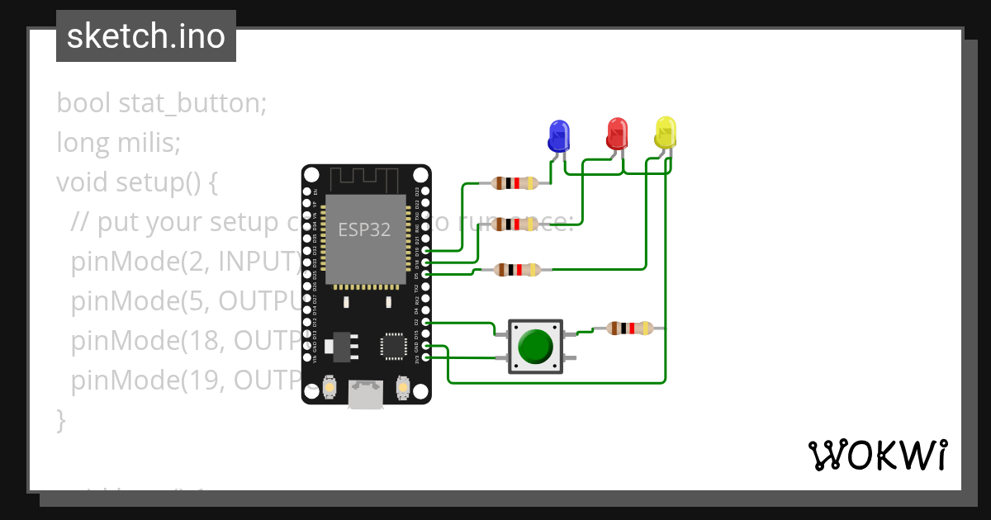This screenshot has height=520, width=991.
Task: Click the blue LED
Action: coord(559,135)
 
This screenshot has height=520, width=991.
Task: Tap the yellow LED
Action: coord(666,132)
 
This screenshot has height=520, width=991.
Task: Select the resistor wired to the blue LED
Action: coord(514,183)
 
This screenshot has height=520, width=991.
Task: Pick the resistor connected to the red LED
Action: coord(514,224)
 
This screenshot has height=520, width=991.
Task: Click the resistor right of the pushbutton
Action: coord(629,329)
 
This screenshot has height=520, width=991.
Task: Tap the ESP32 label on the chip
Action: coord(364,229)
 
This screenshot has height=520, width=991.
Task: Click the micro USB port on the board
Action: coord(366,394)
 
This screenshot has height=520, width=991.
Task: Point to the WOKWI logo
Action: coord(877,455)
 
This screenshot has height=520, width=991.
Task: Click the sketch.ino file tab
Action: coord(146,36)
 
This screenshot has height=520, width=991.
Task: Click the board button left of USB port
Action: coord(329,386)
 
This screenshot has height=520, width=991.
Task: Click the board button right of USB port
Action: coord(403,386)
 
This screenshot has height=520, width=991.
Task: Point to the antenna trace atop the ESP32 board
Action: coord(365,178)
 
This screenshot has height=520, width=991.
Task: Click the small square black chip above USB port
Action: coord(392,346)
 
